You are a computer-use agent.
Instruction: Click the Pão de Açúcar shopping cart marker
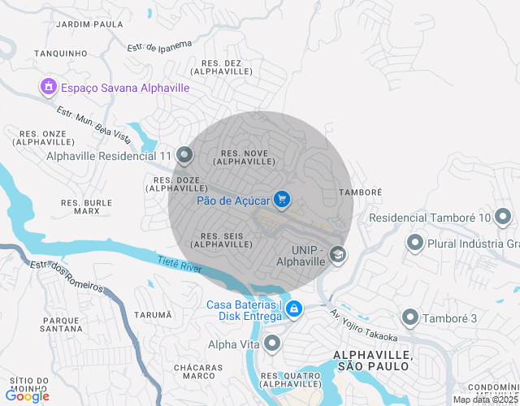tap(282, 198)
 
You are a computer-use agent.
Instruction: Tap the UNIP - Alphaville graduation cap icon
tap(337, 257)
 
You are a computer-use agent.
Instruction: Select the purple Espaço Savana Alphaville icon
tap(48, 87)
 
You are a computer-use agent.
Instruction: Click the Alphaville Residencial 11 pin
tap(184, 155)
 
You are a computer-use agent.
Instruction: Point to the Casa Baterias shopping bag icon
tap(293, 310)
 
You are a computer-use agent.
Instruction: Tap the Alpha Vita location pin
tap(273, 344)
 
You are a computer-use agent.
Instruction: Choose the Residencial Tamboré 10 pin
tap(504, 217)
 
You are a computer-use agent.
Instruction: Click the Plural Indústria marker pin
tap(415, 243)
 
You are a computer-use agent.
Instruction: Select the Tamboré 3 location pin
tap(409, 317)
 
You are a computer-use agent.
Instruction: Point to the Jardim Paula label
tap(89, 24)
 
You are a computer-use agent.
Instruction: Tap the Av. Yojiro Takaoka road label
tap(363, 326)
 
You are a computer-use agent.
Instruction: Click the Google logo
tap(27, 395)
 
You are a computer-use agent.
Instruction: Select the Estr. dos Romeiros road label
tap(67, 276)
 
